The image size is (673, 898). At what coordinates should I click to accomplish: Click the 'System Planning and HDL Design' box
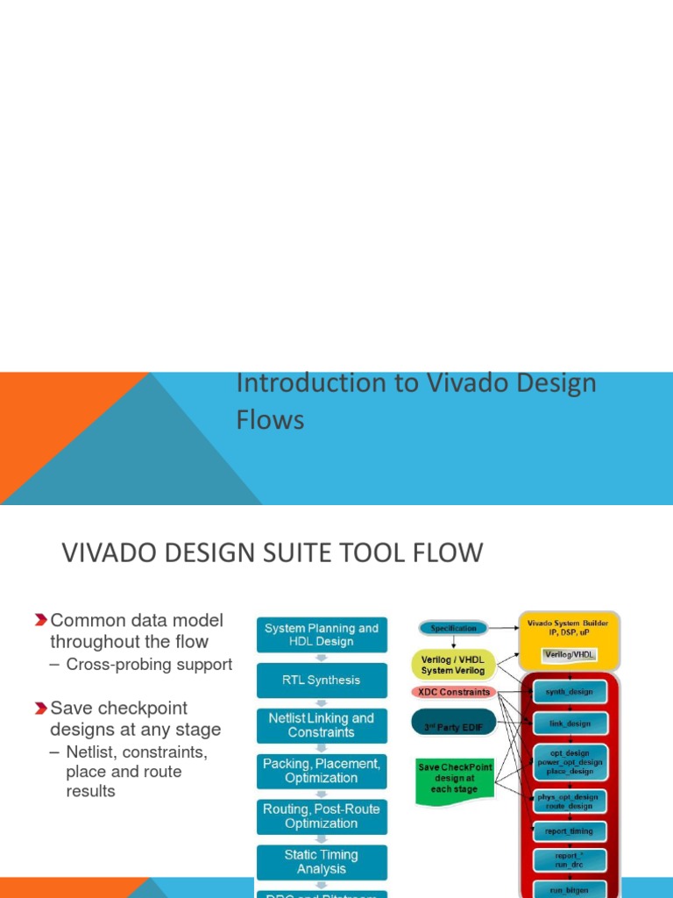coord(322,635)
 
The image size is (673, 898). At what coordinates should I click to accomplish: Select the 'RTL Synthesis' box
coord(322,680)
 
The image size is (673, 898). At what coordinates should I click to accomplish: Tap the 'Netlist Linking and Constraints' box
coord(322,725)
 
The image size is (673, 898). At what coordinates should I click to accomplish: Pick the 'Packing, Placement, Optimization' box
coord(322,771)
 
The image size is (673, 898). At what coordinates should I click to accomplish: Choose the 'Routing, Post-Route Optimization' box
coord(322,816)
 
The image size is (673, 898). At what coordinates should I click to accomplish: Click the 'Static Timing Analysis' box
coord(322,862)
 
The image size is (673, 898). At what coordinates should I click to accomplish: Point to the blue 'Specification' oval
coord(453,628)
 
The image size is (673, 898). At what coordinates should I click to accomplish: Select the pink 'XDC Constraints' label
coord(452,692)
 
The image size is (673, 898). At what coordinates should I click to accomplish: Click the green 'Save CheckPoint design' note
coord(454,778)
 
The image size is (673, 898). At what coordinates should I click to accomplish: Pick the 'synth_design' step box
coord(570,692)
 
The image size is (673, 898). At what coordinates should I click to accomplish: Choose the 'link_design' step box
coord(570,724)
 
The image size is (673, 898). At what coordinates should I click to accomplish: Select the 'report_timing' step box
coord(570,830)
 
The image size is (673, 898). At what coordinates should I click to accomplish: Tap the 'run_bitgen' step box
coord(570,889)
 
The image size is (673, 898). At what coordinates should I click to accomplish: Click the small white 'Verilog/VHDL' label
coord(570,654)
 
